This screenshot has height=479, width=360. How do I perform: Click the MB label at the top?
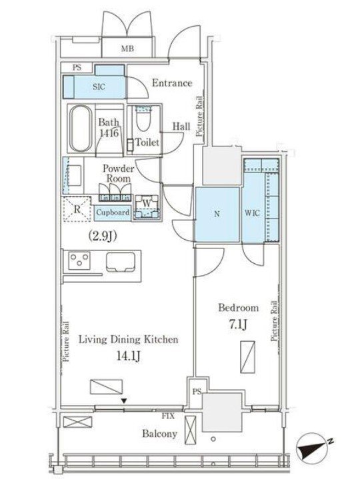coord(127,48)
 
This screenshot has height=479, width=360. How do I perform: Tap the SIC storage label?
coord(99,87)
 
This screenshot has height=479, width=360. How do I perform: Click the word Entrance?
coord(172,83)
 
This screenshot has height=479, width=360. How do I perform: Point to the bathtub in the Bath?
coord(81,129)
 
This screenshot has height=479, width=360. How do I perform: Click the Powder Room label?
coord(118,173)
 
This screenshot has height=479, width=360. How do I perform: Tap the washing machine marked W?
coord(147,207)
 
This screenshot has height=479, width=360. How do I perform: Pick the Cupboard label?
coord(113,212)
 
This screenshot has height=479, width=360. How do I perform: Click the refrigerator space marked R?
coord(77,209)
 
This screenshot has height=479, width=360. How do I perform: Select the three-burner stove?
coord(79,260)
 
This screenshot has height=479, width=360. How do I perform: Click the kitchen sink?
coord(121,262)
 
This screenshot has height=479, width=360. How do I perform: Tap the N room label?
coord(217,214)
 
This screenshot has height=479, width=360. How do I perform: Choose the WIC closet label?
coord(253,213)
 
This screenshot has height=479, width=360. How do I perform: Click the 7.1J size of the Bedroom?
coord(238,324)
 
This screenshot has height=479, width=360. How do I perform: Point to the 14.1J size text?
coord(129,356)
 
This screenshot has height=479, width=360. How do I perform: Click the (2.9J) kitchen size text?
coord(103,236)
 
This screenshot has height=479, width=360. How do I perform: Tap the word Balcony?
coord(159,434)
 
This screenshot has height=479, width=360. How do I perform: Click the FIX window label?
coord(168,416)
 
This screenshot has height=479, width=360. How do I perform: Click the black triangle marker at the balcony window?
coord(124,401)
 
